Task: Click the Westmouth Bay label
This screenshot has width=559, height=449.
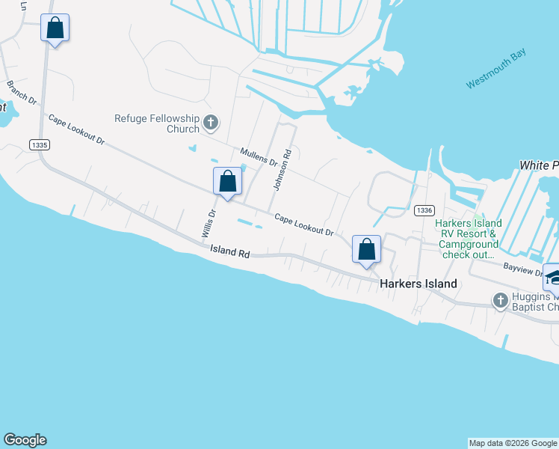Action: pyautogui.click(x=496, y=69)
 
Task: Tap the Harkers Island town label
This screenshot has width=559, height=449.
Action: pyautogui.click(x=418, y=284)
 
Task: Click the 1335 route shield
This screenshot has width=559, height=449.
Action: pyautogui.click(x=40, y=144)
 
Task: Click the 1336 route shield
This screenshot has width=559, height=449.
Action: pyautogui.click(x=423, y=211)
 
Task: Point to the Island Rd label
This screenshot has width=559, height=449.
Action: pyautogui.click(x=229, y=253)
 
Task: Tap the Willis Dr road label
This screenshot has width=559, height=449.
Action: pyautogui.click(x=209, y=223)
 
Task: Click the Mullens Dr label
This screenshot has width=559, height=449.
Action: pyautogui.click(x=259, y=158)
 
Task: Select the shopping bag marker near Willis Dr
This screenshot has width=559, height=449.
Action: pyautogui.click(x=228, y=182)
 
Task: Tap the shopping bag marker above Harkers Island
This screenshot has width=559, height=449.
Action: pyautogui.click(x=367, y=249)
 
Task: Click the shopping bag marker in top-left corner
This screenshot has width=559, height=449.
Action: pyautogui.click(x=55, y=28)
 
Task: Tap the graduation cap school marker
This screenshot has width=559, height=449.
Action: pyautogui.click(x=553, y=277)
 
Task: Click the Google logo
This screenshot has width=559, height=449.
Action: pyautogui.click(x=25, y=440)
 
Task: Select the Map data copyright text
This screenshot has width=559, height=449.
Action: pyautogui.click(x=513, y=443)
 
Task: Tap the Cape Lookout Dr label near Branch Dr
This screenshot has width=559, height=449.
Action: pyautogui.click(x=77, y=129)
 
